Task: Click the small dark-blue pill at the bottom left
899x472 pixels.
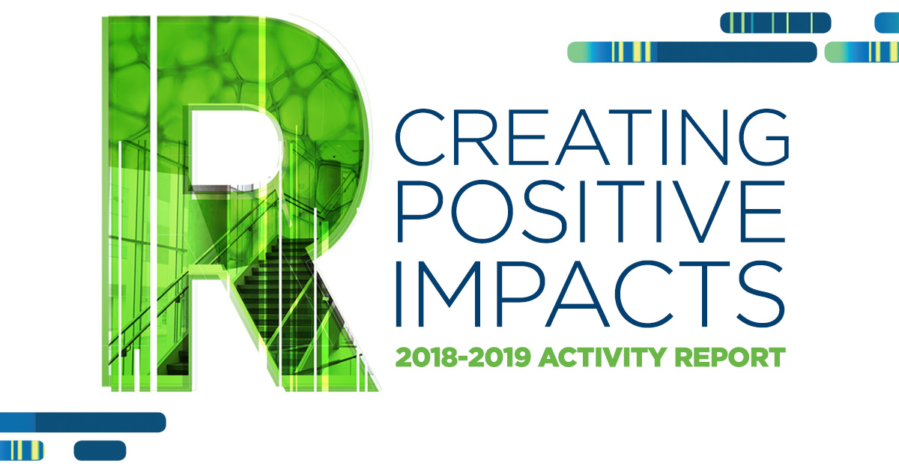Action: pyautogui.click(x=100, y=450)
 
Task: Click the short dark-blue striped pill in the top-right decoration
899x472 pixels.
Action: pyautogui.click(x=775, y=22)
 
